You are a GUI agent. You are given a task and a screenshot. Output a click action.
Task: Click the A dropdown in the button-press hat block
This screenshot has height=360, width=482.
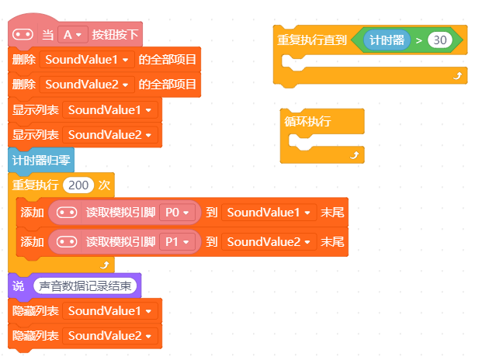(x=72, y=34)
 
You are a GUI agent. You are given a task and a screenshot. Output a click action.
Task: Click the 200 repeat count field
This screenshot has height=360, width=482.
(x=78, y=185)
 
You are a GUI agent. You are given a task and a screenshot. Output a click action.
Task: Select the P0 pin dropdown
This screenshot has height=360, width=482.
(x=177, y=213)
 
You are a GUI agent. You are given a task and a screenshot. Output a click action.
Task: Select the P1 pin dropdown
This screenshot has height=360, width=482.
(x=177, y=242)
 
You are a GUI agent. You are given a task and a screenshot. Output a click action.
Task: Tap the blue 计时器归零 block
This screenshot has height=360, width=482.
(x=41, y=160)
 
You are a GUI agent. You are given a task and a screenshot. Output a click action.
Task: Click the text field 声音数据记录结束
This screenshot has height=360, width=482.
(x=85, y=286)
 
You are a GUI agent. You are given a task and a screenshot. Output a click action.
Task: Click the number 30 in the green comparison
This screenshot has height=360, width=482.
(x=440, y=40)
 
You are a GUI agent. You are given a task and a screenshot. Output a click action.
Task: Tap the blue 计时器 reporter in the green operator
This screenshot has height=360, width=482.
(x=387, y=40)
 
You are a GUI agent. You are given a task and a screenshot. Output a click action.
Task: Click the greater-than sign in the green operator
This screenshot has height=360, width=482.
(x=418, y=40)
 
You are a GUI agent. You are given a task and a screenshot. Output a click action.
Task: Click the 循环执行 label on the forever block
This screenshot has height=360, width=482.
(x=307, y=121)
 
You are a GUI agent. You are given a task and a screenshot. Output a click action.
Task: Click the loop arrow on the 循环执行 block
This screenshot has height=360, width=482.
(x=355, y=155)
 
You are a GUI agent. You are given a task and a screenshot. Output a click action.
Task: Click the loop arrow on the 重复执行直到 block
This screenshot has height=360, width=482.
(x=457, y=75)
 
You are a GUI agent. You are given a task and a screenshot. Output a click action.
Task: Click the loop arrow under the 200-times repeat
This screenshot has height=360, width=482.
(x=105, y=265)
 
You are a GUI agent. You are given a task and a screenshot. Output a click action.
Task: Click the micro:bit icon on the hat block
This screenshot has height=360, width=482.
(x=23, y=34)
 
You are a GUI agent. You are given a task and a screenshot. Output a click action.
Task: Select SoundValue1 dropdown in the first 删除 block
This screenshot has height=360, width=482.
(x=87, y=60)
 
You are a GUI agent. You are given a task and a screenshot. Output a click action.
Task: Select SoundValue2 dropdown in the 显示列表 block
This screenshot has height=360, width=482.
(x=110, y=135)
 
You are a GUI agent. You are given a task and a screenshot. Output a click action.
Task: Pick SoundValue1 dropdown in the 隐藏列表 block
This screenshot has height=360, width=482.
(x=110, y=311)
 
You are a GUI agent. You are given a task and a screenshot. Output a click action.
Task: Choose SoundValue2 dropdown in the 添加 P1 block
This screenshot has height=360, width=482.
(x=269, y=242)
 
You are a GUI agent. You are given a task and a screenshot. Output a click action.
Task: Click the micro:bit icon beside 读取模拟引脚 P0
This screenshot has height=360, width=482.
(x=67, y=213)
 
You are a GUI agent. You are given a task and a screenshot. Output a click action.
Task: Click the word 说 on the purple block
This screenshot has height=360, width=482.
(x=18, y=286)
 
